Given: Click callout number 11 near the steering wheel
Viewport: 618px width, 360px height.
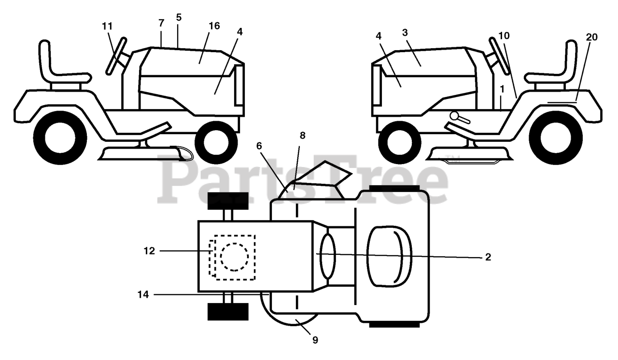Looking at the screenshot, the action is coord(107,26).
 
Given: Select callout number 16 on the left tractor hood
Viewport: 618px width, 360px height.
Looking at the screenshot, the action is coord(214,26).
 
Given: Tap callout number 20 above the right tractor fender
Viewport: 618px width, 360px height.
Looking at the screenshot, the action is coord(592,37).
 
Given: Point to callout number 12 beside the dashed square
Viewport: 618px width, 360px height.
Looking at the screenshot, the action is coord(149,251).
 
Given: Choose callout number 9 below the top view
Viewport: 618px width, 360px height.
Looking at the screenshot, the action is coord(315,340).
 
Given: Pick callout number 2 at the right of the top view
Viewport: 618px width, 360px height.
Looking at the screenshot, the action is coord(488,257).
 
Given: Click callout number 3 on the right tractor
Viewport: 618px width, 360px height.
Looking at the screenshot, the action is coord(405,32).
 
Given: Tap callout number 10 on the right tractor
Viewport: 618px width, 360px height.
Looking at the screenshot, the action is coord(504,36).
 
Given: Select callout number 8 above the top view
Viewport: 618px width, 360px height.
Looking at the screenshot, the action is coord(302,136).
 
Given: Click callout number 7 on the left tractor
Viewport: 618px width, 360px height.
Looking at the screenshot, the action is coord(161,23).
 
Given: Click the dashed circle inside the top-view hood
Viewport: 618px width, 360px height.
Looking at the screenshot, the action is coord(235,256).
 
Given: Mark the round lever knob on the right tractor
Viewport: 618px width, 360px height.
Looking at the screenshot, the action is coord(454,115).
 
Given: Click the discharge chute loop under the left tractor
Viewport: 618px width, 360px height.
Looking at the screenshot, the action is coord(184,153).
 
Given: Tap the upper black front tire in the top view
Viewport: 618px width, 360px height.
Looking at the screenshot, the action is coord(228,200).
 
